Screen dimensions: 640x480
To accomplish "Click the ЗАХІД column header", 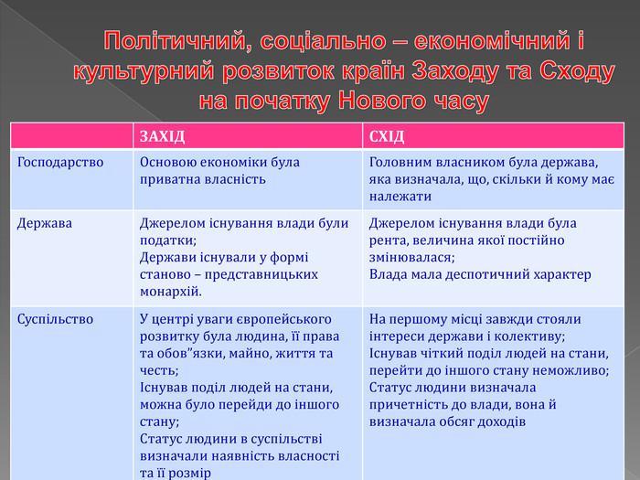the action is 162,136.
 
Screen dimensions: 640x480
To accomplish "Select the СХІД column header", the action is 387,136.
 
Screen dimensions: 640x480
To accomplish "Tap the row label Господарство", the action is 60,163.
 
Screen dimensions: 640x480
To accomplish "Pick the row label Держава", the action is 45,223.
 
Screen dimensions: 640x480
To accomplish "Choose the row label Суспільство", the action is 55,319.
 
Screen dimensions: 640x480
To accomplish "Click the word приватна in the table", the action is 169,179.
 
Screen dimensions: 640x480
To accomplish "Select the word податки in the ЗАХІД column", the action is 168,240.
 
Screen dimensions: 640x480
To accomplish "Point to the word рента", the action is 389,240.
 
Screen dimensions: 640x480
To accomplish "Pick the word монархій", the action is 171,292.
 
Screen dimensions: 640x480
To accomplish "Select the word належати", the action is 400,197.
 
